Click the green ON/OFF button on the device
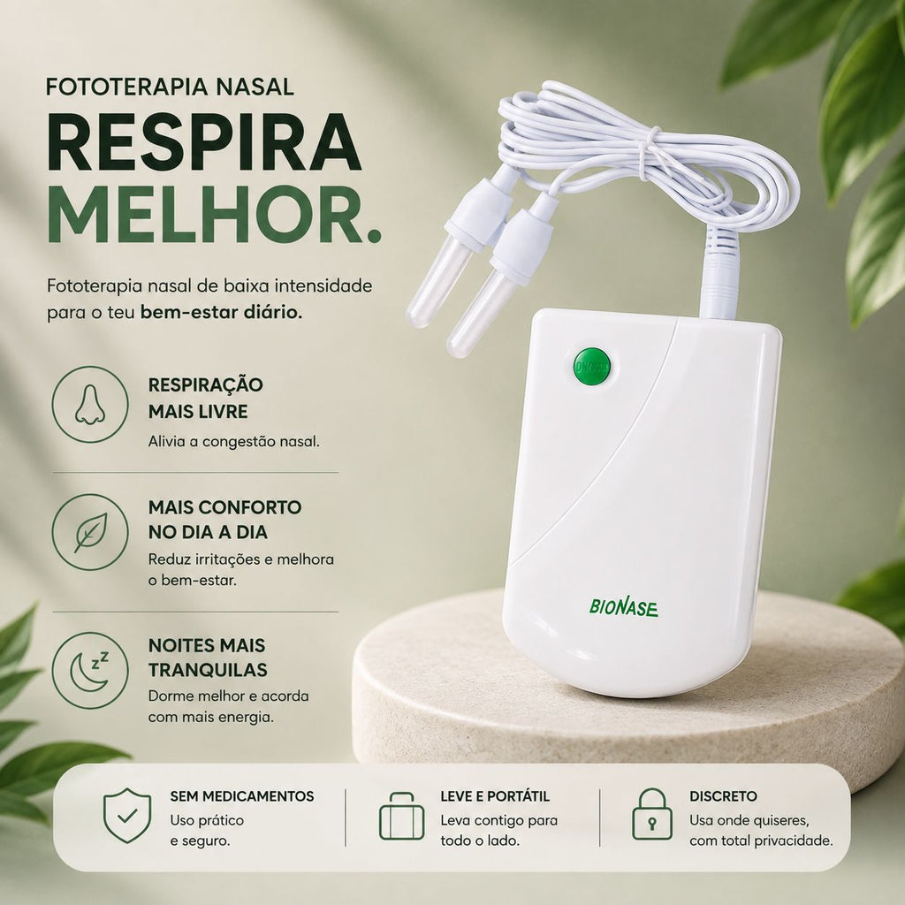pyautogui.click(x=591, y=367)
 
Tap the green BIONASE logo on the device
pyautogui.click(x=623, y=607)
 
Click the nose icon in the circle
pyautogui.click(x=90, y=405)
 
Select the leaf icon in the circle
pyautogui.click(x=91, y=532)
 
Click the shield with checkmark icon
pyautogui.click(x=127, y=815)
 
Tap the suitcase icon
pyautogui.click(x=402, y=816)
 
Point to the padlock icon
pyautogui.click(x=652, y=814)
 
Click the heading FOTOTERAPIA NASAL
pyautogui.click(x=170, y=87)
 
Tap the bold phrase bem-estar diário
pyautogui.click(x=221, y=312)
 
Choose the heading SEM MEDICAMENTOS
pyautogui.click(x=242, y=796)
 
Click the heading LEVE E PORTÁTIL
pyautogui.click(x=495, y=796)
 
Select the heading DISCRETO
pyautogui.click(x=723, y=796)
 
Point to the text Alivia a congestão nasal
pyautogui.click(x=233, y=442)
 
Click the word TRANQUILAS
pyautogui.click(x=208, y=670)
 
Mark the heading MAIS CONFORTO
pyautogui.click(x=225, y=507)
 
